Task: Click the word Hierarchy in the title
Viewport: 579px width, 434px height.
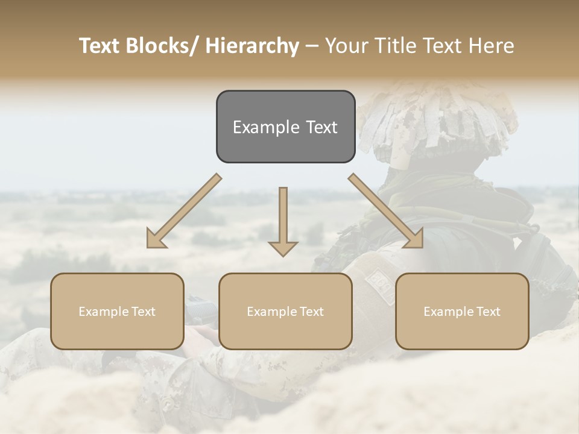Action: tap(252, 46)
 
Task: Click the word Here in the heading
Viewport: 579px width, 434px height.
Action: tap(492, 46)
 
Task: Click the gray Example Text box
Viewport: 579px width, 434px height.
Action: tap(285, 127)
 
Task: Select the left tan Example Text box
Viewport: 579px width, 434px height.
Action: tap(117, 311)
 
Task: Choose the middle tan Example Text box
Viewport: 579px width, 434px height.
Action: tap(285, 311)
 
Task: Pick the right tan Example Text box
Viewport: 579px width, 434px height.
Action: tap(462, 311)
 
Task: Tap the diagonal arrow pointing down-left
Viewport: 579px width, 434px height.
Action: tap(184, 211)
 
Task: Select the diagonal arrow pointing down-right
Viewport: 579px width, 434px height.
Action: tap(386, 211)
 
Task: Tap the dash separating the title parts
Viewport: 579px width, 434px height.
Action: tap(312, 46)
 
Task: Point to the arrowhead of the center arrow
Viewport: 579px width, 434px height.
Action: tap(283, 248)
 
